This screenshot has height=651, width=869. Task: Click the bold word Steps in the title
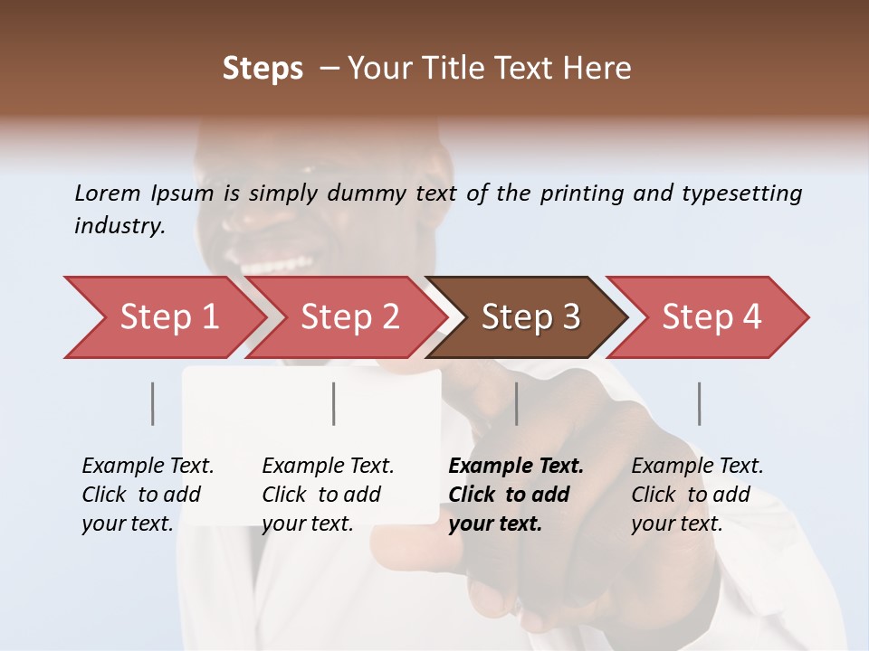(x=263, y=69)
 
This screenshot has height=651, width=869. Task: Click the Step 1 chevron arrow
(x=163, y=317)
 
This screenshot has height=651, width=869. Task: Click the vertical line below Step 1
(x=153, y=403)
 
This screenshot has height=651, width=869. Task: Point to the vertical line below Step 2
(x=334, y=403)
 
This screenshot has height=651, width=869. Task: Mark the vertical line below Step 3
(x=517, y=403)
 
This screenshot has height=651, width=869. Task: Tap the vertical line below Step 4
(x=700, y=403)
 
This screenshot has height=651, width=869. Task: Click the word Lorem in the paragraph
(x=107, y=193)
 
